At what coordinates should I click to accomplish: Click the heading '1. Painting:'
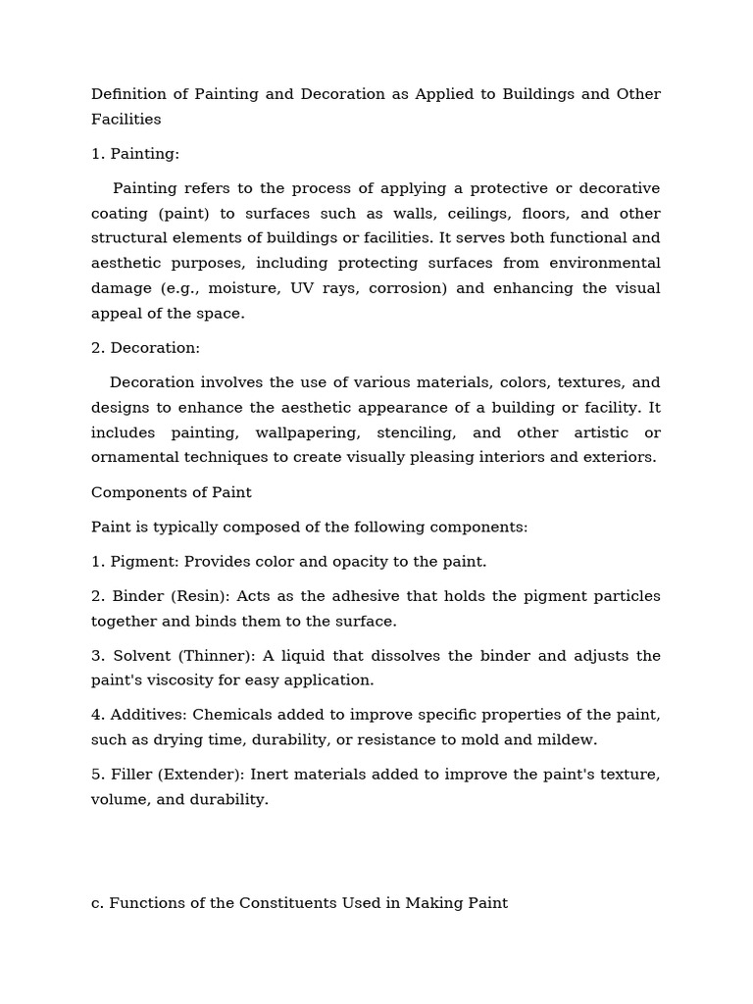click(x=135, y=154)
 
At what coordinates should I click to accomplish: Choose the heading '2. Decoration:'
click(x=145, y=348)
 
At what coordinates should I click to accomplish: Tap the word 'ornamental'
click(x=138, y=457)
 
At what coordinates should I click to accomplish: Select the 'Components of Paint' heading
click(x=172, y=492)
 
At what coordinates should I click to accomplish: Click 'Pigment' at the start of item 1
click(x=143, y=562)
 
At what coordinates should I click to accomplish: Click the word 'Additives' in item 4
click(x=144, y=715)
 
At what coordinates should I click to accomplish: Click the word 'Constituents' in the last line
click(x=285, y=903)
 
